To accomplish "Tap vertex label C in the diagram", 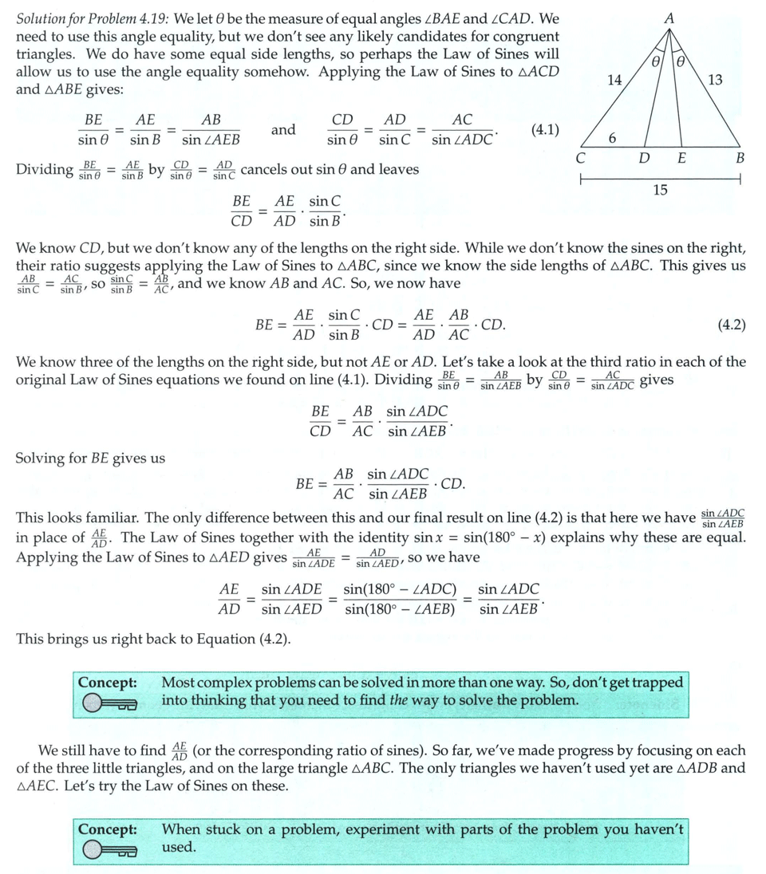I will pos(581,158).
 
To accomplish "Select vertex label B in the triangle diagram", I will pos(740,158).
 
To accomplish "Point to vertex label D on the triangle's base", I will pos(643,158).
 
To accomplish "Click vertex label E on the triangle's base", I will pos(681,158).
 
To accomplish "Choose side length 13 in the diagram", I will pos(715,79).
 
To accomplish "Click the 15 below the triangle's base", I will pos(660,190).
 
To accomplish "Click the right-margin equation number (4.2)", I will pos(732,325).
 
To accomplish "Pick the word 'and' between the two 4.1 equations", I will pos(283,130).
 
